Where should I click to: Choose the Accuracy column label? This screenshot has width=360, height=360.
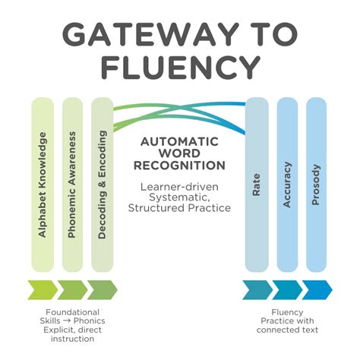click(286, 185)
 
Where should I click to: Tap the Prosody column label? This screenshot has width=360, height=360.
click(316, 185)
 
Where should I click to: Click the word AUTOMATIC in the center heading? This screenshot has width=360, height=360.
click(178, 141)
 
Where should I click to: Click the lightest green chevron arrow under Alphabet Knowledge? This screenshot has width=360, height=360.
click(43, 289)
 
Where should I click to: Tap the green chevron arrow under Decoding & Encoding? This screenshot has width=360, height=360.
click(102, 289)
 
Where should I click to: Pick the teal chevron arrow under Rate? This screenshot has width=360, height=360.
click(257, 289)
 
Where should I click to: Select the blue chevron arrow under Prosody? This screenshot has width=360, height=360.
click(316, 289)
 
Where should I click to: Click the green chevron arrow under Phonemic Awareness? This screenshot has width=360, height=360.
click(72, 289)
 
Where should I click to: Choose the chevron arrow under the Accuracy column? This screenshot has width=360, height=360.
click(286, 289)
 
